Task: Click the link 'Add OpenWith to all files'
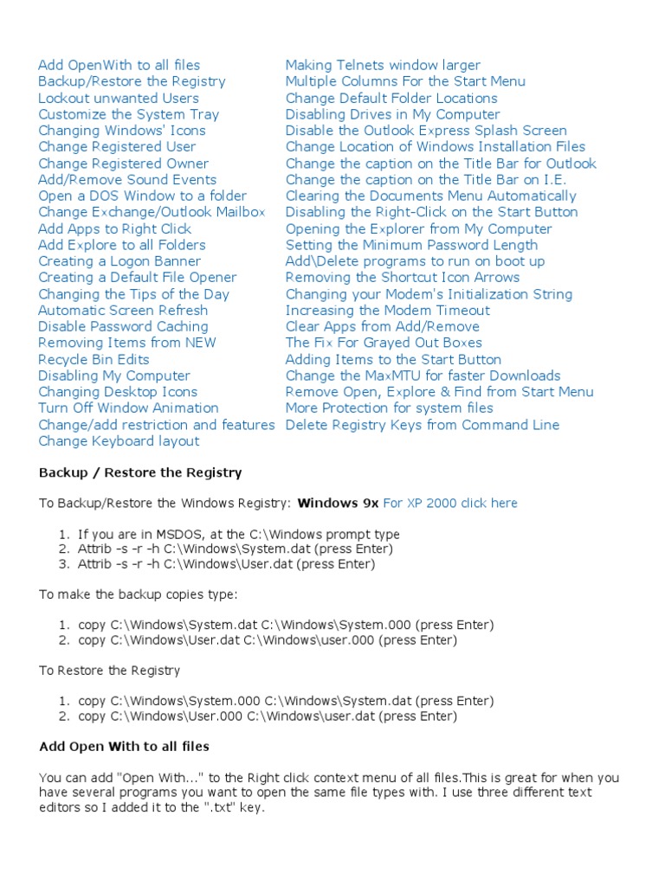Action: click(x=119, y=65)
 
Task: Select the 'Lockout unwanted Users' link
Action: click(x=118, y=98)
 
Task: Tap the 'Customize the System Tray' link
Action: click(x=128, y=114)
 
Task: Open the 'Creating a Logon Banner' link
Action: click(x=119, y=261)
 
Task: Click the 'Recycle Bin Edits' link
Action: click(x=94, y=359)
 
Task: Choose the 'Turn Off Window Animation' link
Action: click(x=128, y=408)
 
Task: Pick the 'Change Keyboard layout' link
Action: click(x=119, y=441)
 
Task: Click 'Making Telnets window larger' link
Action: click(x=383, y=65)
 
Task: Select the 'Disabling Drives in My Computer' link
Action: click(x=392, y=114)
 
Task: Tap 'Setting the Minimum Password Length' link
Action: click(x=411, y=245)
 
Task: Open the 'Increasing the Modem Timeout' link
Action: click(x=387, y=311)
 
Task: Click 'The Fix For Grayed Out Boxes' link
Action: click(x=384, y=343)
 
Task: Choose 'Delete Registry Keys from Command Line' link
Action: click(x=423, y=425)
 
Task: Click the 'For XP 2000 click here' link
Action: click(x=450, y=504)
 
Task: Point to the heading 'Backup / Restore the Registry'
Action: click(x=140, y=473)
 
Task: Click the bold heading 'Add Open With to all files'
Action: click(x=124, y=746)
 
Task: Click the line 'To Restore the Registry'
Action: click(x=109, y=671)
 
